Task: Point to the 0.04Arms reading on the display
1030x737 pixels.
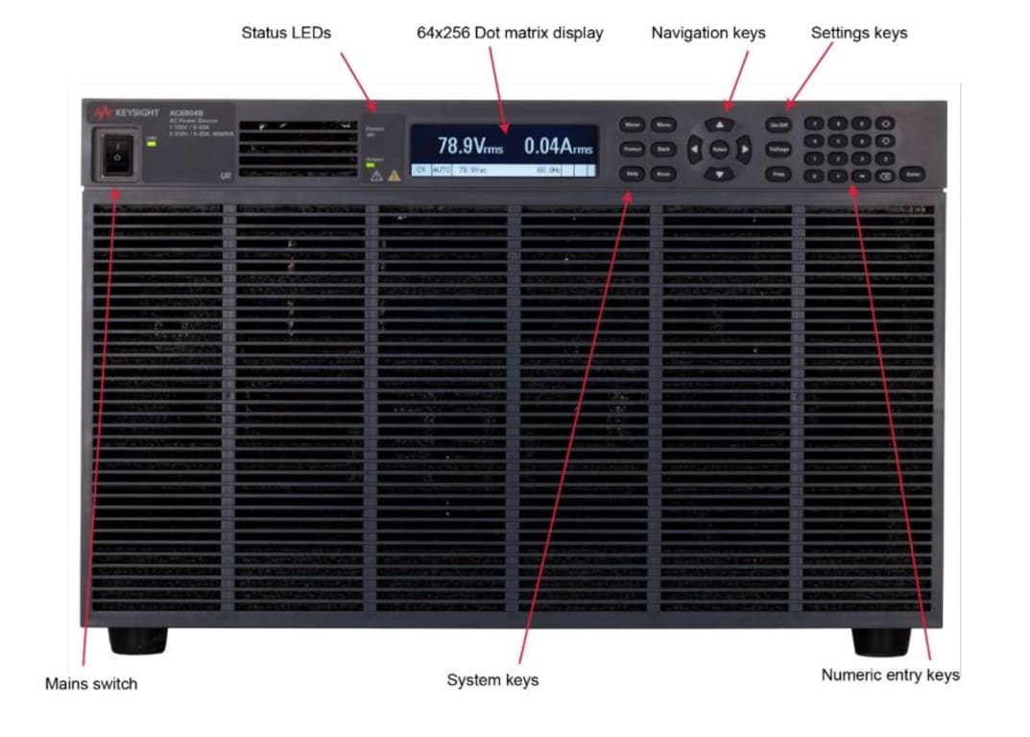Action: point(558,147)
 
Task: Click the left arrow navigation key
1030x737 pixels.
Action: point(694,150)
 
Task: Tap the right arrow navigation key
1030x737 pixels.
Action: point(745,150)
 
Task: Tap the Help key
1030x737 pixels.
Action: point(632,175)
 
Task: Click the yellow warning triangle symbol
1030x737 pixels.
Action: point(394,176)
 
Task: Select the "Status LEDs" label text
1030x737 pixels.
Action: point(286,33)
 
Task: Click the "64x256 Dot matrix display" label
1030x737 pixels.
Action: point(510,33)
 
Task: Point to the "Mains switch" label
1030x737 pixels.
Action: point(91,684)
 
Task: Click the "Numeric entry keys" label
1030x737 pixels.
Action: point(890,675)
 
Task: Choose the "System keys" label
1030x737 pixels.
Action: point(492,680)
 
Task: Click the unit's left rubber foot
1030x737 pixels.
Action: point(137,640)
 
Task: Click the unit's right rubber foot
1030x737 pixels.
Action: point(881,641)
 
